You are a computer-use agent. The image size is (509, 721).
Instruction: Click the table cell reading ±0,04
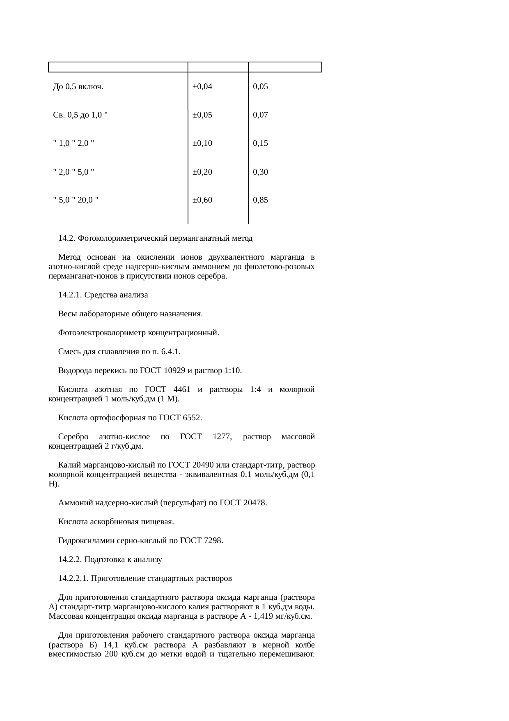(202, 87)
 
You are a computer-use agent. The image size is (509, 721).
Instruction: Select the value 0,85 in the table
(261, 200)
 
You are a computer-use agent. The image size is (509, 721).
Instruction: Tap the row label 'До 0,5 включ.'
(78, 87)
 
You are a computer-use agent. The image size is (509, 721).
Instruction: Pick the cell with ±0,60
(202, 200)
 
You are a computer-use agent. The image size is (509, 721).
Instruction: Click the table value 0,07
(261, 115)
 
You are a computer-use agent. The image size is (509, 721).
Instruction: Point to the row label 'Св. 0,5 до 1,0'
(80, 115)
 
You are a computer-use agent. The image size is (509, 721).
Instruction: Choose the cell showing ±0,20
(202, 172)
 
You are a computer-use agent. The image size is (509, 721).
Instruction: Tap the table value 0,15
(261, 143)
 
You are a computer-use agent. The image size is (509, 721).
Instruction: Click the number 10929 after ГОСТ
(174, 371)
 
